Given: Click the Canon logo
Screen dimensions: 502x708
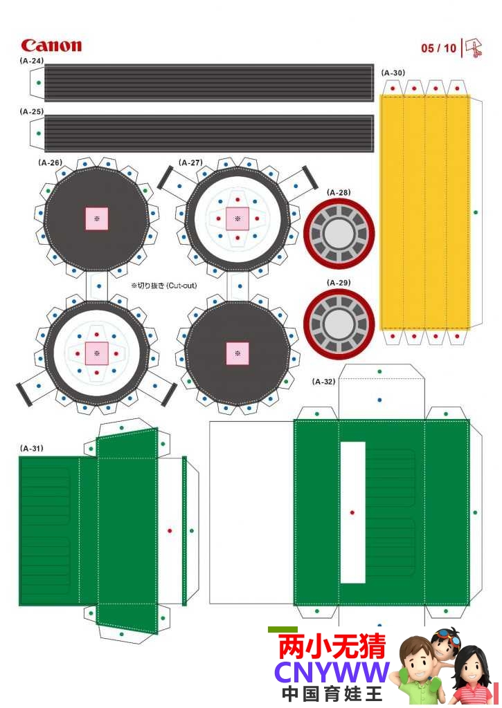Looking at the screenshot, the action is (51, 45).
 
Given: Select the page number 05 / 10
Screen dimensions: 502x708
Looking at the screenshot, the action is (438, 48).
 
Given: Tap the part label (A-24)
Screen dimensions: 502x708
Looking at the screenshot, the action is (32, 61).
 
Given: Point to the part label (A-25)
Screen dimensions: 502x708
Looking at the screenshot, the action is (32, 111).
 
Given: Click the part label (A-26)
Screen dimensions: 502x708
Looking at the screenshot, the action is (50, 162).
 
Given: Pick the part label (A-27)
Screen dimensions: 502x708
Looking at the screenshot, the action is (190, 162).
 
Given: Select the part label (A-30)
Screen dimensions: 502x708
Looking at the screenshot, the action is (393, 73).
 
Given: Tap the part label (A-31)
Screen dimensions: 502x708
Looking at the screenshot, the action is (32, 448).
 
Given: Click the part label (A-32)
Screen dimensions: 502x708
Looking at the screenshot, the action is (323, 382).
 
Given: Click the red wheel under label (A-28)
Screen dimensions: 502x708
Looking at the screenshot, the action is (339, 234).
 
